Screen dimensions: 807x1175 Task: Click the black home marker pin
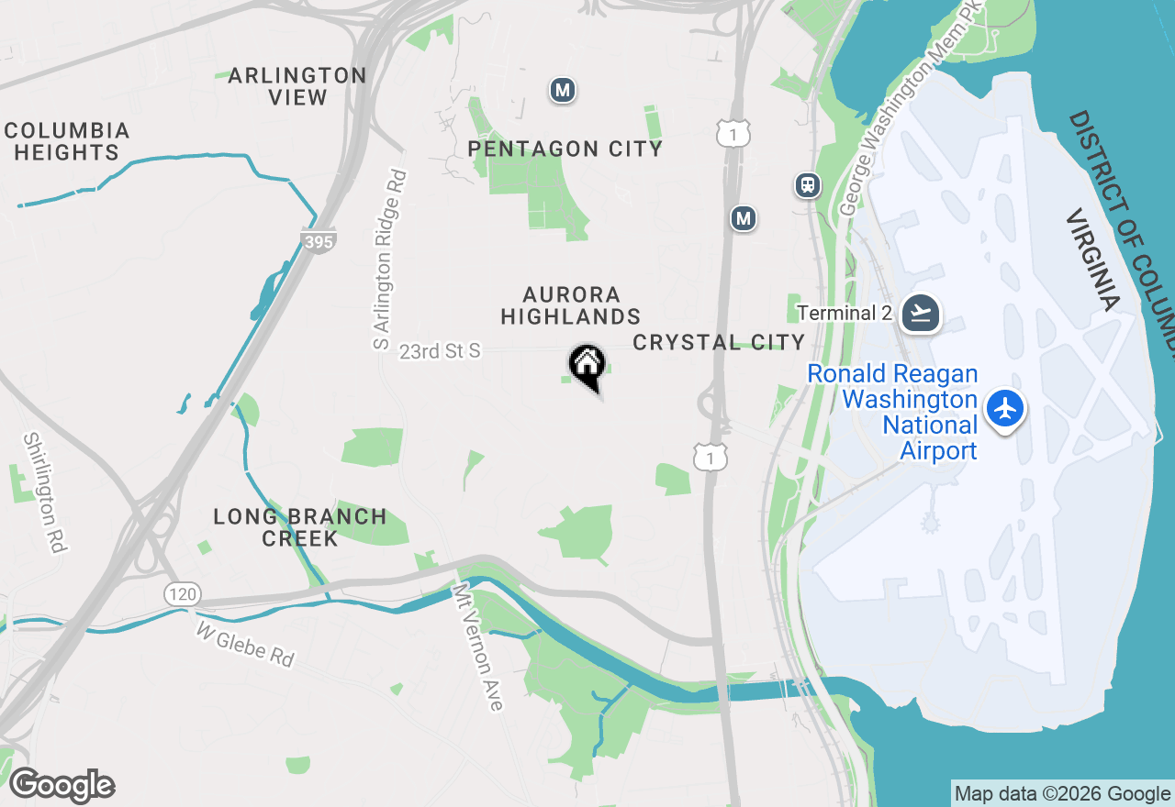click(x=587, y=365)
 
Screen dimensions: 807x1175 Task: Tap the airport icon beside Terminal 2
click(x=920, y=313)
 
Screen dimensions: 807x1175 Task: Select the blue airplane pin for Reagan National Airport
click(x=1006, y=408)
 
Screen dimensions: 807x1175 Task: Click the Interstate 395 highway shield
click(x=318, y=241)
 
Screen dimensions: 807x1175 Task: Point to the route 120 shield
click(x=183, y=594)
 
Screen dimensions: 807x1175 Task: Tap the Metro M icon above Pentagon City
click(x=563, y=90)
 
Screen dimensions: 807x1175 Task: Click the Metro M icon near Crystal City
click(x=744, y=218)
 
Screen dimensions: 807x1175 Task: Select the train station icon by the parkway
click(x=807, y=185)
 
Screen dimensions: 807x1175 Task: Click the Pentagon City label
click(x=565, y=149)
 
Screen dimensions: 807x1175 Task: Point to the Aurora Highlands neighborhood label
click(x=570, y=305)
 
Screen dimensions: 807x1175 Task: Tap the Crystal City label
click(x=719, y=342)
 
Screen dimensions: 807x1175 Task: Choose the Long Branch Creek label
click(x=300, y=527)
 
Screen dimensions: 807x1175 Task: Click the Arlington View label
click(x=297, y=86)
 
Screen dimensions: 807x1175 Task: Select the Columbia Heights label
click(x=66, y=141)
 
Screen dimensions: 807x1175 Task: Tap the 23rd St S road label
click(x=440, y=351)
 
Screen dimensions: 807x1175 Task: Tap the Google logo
click(x=62, y=785)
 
